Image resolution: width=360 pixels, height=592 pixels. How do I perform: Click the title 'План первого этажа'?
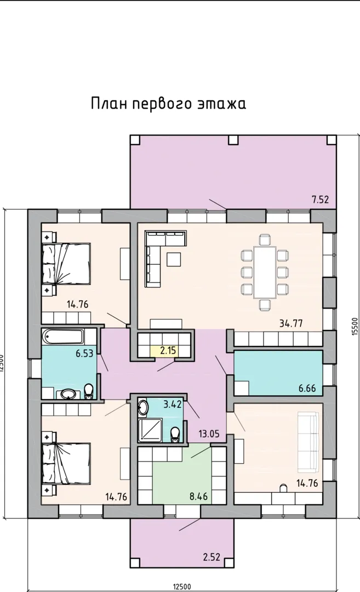tap(168, 104)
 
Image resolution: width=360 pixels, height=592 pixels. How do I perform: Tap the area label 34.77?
tap(291, 323)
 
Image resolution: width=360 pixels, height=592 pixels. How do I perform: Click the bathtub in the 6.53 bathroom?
tap(63, 335)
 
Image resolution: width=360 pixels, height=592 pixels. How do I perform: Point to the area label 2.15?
tap(168, 350)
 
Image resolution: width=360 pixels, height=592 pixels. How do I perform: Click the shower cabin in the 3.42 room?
tap(150, 430)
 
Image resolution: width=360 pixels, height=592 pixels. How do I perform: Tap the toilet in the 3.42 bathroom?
tap(175, 435)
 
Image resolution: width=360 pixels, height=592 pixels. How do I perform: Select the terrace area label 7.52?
tap(320, 200)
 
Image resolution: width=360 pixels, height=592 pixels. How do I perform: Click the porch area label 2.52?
tap(212, 557)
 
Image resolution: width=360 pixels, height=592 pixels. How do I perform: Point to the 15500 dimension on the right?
tap(354, 326)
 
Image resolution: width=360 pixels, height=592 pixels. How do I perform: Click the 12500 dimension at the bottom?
tap(182, 587)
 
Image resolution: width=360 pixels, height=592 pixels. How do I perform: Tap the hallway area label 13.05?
tap(209, 434)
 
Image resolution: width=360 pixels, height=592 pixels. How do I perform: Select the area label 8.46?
tap(198, 496)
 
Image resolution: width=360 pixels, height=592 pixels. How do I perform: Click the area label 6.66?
tap(307, 388)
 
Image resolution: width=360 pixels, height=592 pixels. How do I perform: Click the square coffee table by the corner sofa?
tap(174, 259)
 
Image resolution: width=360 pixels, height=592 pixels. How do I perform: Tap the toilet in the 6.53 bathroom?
tap(89, 391)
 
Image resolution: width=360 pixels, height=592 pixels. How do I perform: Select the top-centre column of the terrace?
tap(233, 140)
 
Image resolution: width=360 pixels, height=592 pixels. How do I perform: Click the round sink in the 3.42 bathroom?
tap(144, 407)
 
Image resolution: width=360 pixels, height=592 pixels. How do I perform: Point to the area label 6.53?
tap(84, 354)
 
